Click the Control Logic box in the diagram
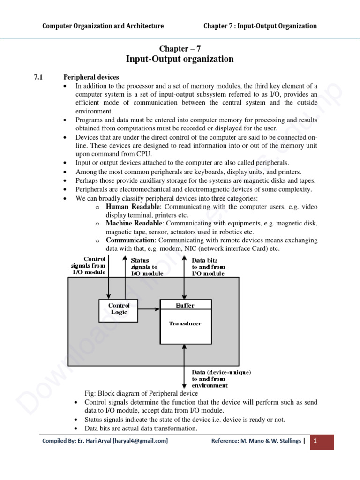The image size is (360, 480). (119, 310)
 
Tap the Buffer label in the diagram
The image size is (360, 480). (185, 305)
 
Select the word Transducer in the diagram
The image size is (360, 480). (185, 323)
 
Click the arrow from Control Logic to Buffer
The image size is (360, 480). (149, 309)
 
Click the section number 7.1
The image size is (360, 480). (39, 77)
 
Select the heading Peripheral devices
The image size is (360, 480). (91, 77)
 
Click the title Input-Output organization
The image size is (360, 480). (180, 59)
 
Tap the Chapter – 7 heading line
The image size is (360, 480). (180, 48)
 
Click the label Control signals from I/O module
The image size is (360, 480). (89, 266)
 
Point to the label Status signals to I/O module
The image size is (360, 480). (147, 267)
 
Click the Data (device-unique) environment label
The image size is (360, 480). (221, 379)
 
